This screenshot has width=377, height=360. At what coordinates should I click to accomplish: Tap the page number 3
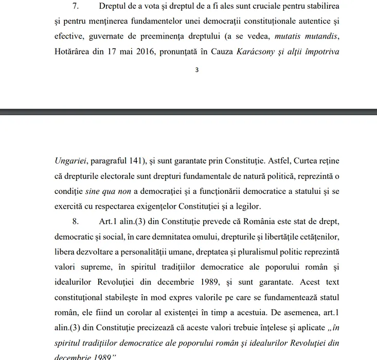(196, 70)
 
